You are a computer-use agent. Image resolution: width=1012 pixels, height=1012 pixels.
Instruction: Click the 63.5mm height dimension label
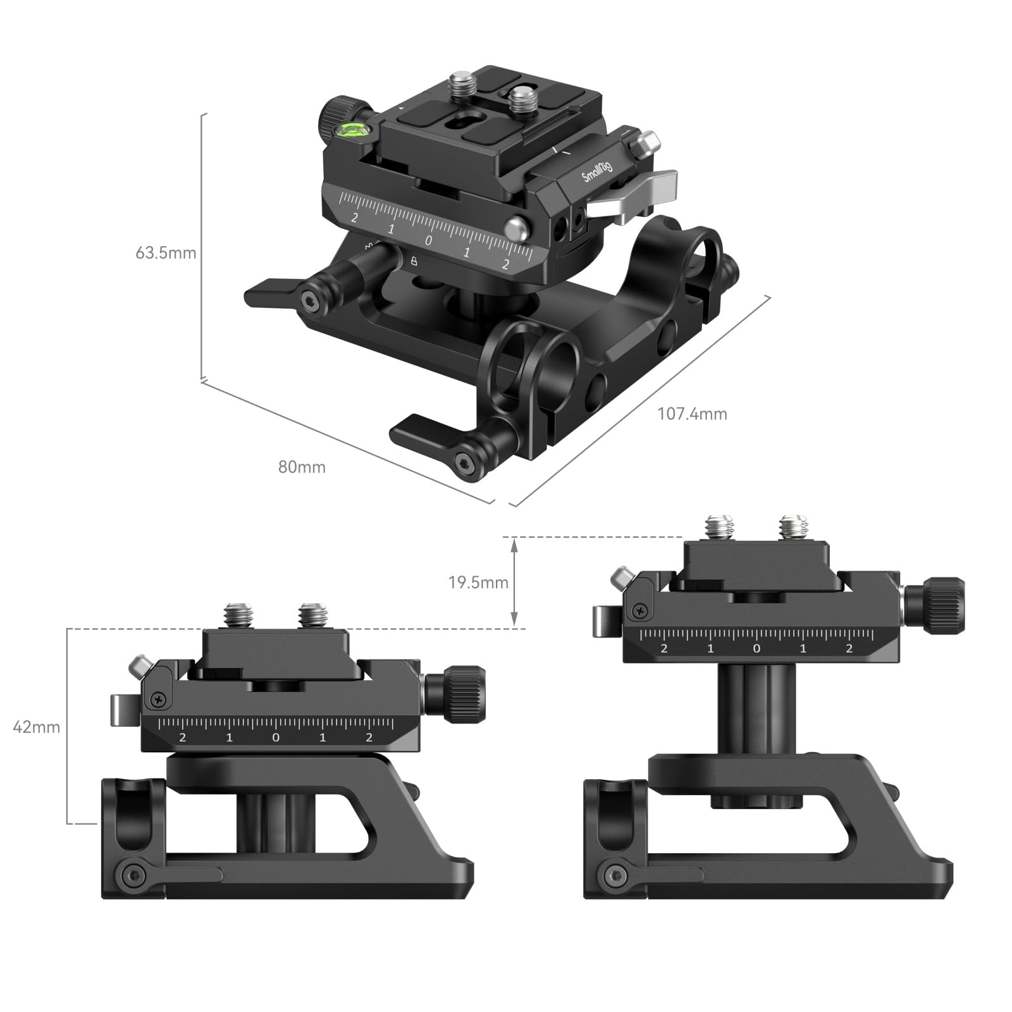[166, 253]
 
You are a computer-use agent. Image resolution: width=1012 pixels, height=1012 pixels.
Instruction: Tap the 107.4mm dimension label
[692, 414]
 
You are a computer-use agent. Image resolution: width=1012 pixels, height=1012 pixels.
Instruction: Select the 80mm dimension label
[302, 467]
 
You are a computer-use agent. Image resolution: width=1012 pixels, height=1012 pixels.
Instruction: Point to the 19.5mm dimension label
[478, 583]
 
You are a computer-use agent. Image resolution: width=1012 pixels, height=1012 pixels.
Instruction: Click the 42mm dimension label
[37, 727]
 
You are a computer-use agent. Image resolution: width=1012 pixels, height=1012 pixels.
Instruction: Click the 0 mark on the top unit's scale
[429, 240]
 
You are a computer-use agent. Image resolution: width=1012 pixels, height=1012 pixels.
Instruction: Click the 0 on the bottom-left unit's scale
[275, 737]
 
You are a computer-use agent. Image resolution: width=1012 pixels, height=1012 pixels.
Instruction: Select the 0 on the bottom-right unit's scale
[756, 648]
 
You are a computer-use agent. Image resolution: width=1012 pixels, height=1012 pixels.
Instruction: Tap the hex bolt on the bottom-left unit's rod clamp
[133, 876]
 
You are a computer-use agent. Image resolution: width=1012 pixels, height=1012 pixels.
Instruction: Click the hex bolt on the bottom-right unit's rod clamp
[614, 876]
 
